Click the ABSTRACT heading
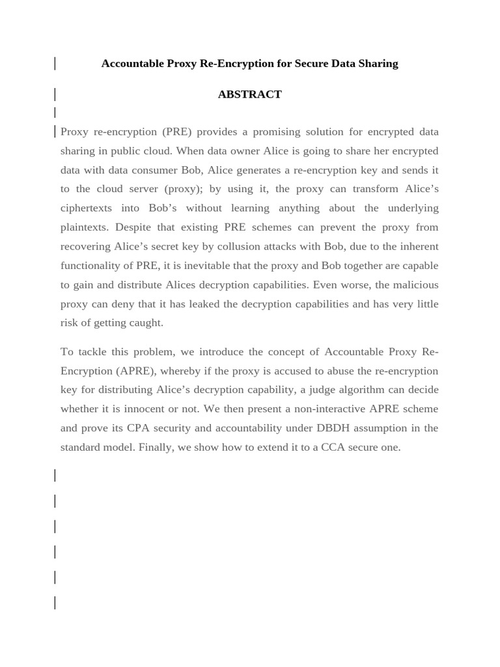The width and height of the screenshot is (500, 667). [x=249, y=94]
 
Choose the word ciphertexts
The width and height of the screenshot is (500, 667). [x=86, y=208]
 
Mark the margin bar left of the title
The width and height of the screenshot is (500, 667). [x=55, y=64]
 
